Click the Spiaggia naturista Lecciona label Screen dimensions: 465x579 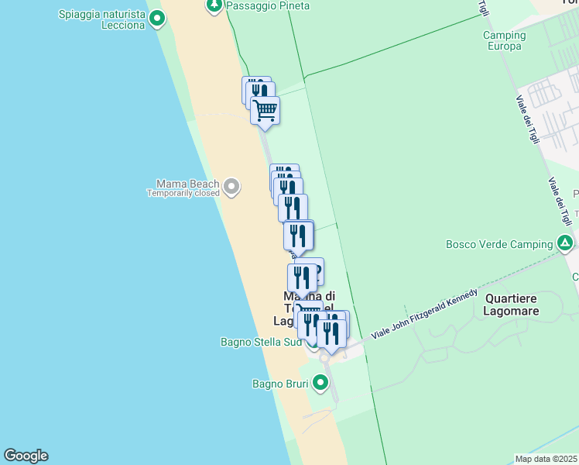pos(101,19)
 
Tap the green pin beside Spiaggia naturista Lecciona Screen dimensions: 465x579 pos(157,18)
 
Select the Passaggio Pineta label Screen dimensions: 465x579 pos(268,5)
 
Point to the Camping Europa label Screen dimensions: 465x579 pos(504,40)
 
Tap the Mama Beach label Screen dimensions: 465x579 pos(187,184)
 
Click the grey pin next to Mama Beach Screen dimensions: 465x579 pos(231,186)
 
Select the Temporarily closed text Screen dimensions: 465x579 pos(183,193)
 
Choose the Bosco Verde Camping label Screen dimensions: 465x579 pos(499,244)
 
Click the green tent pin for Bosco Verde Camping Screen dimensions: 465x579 pos(566,244)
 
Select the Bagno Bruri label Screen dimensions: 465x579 pos(280,384)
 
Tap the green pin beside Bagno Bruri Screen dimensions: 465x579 pos(320,383)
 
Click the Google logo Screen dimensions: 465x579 pos(26,456)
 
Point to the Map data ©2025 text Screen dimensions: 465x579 pos(546,459)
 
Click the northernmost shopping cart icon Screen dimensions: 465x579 pos(265,111)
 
